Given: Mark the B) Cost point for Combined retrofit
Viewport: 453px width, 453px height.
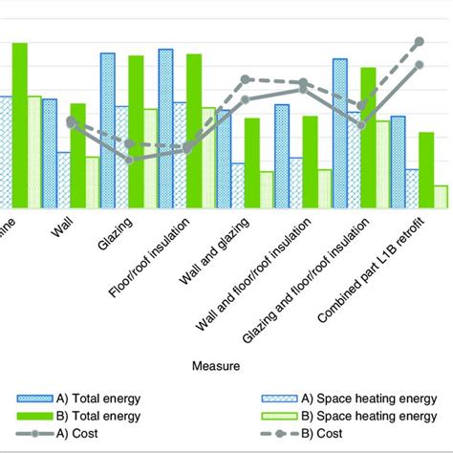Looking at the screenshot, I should pyautogui.click(x=419, y=41).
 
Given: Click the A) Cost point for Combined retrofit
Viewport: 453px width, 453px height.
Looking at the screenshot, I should pyautogui.click(x=419, y=65).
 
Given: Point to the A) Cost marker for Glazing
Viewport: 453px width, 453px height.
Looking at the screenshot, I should pyautogui.click(x=130, y=160).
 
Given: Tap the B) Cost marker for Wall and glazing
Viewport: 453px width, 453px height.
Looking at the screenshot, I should pyautogui.click(x=246, y=78).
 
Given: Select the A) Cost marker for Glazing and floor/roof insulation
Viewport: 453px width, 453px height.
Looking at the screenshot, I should pyautogui.click(x=360, y=123).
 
